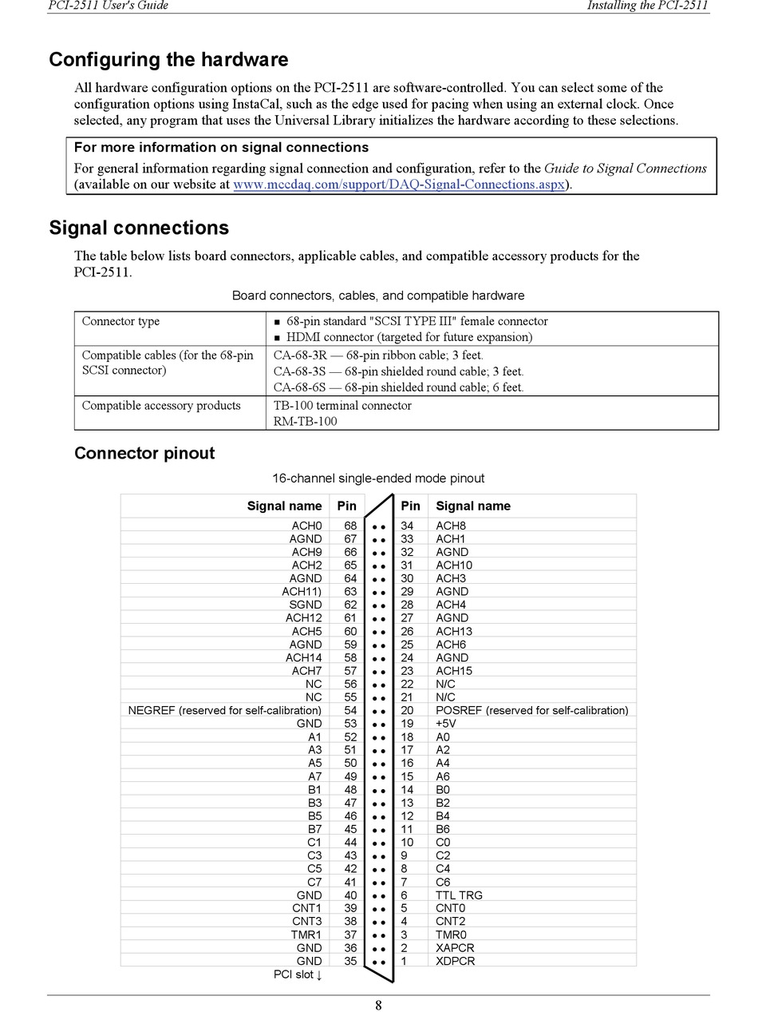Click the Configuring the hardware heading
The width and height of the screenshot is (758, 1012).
point(168,60)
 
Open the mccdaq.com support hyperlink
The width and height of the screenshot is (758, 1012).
point(399,185)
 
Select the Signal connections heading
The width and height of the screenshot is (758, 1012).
point(139,228)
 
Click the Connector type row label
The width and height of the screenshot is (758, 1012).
point(120,322)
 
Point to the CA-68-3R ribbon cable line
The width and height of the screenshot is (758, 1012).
point(378,355)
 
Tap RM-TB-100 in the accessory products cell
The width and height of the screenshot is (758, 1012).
point(305,422)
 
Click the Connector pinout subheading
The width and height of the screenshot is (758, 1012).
point(144,454)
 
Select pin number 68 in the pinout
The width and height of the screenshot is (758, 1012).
point(350,526)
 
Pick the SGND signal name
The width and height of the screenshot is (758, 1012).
point(306,605)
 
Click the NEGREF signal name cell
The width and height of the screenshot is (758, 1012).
point(225,710)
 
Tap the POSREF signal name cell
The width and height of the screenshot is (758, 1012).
point(531,710)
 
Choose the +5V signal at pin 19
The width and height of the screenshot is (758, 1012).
point(445,724)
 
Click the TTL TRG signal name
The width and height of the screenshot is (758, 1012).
point(459,895)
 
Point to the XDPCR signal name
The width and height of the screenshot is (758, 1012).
point(455,961)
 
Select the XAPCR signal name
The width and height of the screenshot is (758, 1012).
point(455,948)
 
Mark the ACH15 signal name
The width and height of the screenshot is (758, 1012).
point(454,671)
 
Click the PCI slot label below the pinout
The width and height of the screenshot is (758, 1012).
point(298,974)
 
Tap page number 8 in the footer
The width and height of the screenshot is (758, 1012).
point(378,1006)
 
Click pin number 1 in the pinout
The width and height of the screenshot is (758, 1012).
point(404,961)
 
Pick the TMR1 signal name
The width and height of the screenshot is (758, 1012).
point(306,935)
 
